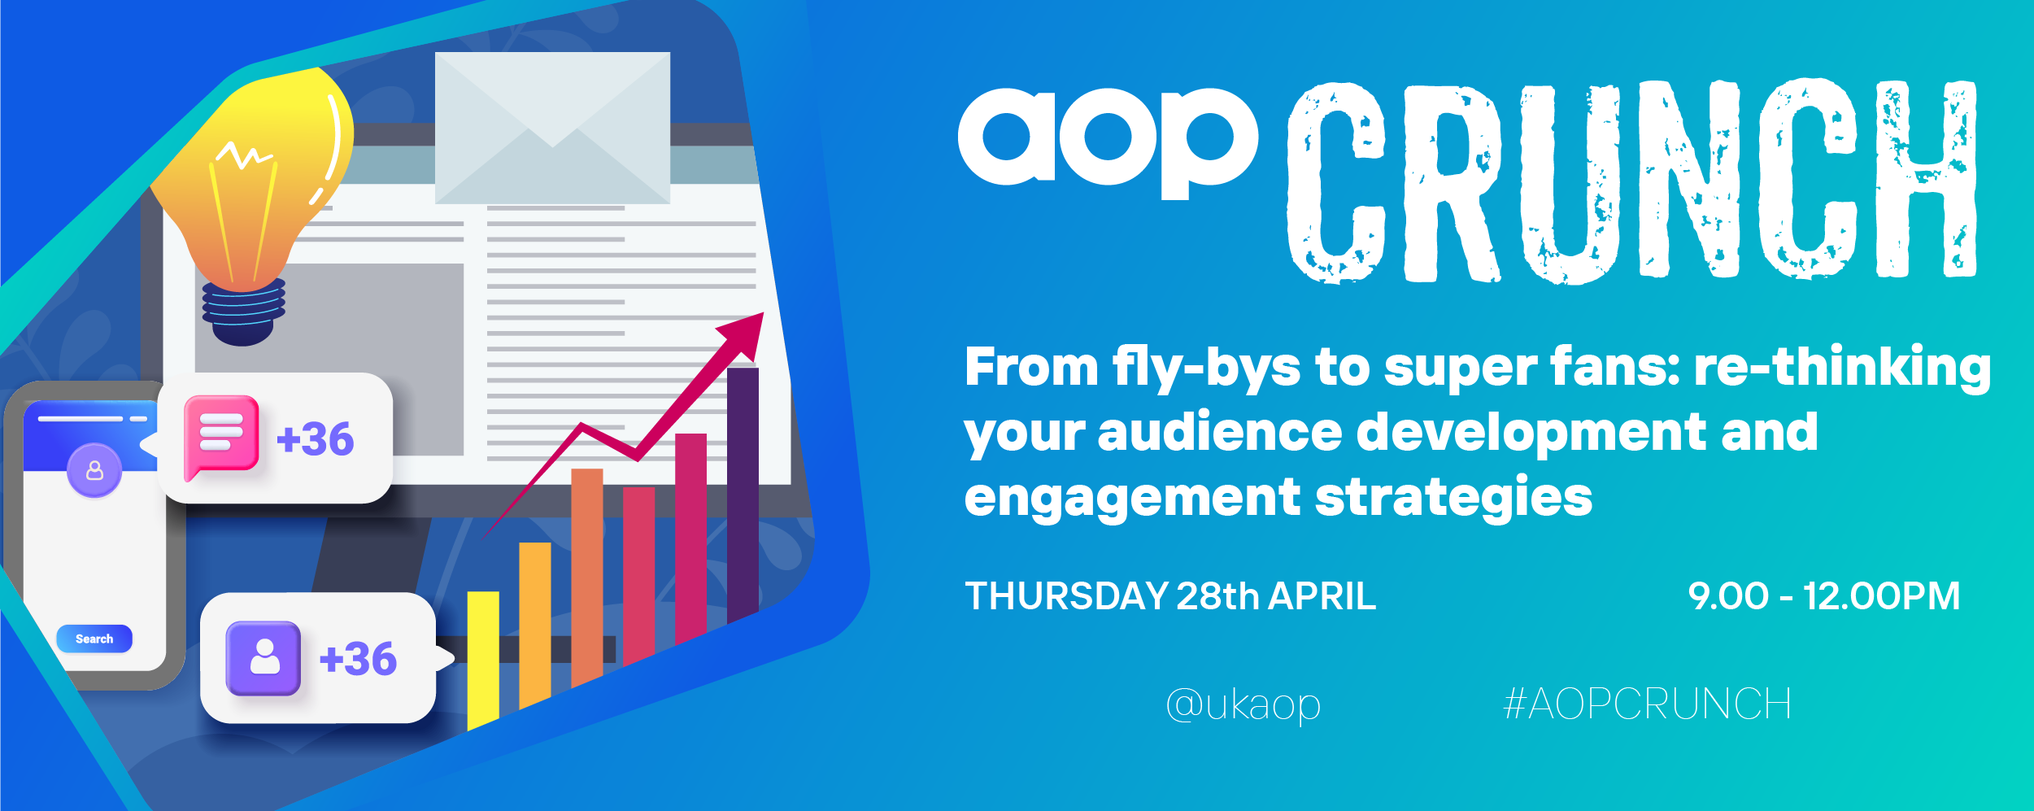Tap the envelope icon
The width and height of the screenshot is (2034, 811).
(552, 128)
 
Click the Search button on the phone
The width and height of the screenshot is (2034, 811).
(94, 639)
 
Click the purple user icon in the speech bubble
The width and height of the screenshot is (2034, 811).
(264, 658)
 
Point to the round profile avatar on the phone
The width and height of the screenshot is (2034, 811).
(94, 470)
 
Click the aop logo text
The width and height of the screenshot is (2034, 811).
(1108, 143)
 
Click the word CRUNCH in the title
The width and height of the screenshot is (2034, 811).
(1632, 181)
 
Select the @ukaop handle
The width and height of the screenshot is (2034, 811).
(1243, 704)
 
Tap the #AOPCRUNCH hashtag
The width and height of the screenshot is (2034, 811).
(1648, 704)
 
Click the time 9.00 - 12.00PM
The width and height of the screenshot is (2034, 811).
(1824, 596)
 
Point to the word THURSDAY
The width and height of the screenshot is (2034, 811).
(1067, 596)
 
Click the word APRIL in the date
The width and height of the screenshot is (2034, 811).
(1322, 596)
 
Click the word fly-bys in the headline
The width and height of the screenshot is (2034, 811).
(1207, 368)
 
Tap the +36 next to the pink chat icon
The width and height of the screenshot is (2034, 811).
(316, 439)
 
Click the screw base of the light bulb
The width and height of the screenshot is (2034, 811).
(243, 312)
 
